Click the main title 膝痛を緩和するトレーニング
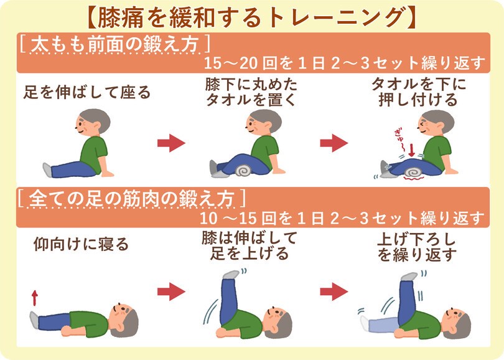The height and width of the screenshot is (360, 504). [251, 17]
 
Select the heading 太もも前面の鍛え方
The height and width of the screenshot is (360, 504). [112, 45]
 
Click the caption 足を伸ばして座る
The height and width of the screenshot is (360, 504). [87, 93]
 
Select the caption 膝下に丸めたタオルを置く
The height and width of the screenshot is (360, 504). [251, 92]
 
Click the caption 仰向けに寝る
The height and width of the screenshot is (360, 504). [81, 245]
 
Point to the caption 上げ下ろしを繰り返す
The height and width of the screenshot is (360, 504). [418, 247]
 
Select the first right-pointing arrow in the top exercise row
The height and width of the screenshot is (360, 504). [171, 143]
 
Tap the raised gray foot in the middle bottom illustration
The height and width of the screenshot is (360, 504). [230, 274]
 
